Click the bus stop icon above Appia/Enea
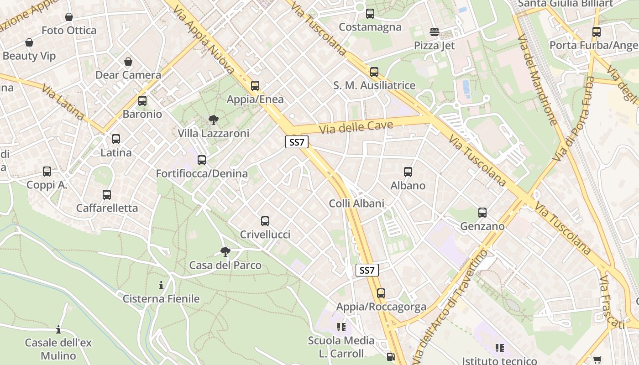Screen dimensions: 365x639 coord(255,86)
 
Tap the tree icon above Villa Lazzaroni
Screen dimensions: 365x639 coord(213,120)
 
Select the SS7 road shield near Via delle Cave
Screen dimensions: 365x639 coord(297,142)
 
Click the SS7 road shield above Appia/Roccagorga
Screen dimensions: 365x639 coord(367,270)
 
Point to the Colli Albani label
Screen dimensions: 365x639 coord(356,203)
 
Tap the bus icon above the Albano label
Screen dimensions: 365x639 coord(408,172)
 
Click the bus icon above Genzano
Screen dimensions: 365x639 coord(482,213)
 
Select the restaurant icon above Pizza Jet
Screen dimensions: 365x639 coord(435,32)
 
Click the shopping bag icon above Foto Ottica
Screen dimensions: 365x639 coord(69,17)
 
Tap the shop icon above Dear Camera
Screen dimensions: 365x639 coord(128,62)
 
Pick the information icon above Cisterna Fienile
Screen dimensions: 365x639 coord(161,286)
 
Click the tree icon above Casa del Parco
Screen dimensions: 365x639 coord(225,251)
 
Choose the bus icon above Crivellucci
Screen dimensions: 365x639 coord(265,221)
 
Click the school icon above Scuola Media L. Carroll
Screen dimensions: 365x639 coord(341,327)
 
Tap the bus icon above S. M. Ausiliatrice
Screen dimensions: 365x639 coord(374,72)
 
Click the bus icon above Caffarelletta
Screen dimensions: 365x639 coord(107,195)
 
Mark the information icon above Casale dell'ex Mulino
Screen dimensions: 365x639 coord(58,329)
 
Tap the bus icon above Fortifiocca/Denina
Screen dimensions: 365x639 coord(202,160)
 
